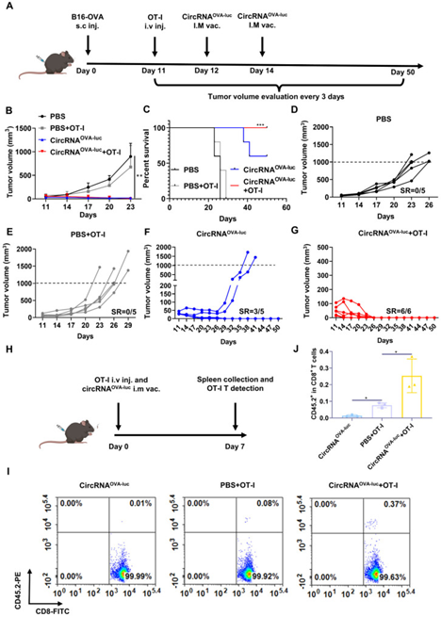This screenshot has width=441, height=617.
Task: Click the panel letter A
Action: [12, 7]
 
